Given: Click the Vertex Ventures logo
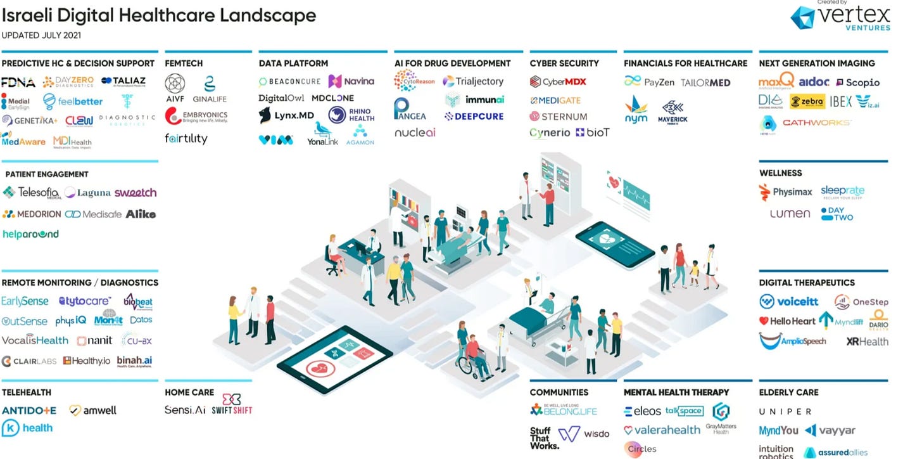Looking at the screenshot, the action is point(842,16).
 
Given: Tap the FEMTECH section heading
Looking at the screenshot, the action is point(184,63).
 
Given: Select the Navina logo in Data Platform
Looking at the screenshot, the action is point(351,81).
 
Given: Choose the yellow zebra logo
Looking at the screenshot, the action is point(807,101).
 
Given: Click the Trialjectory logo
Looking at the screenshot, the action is point(473,81).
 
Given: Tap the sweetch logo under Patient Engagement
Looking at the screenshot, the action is point(136,193).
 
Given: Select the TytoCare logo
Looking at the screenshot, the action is point(85,301).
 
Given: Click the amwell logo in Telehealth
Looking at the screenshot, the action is point(93,410).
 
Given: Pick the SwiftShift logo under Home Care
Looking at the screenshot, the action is point(232,404).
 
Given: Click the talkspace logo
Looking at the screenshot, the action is point(685,411).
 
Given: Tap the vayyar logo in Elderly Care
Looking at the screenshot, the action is point(830,430).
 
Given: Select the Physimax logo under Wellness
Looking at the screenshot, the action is point(785,192).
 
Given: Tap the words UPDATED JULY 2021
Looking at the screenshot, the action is point(41,36).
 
